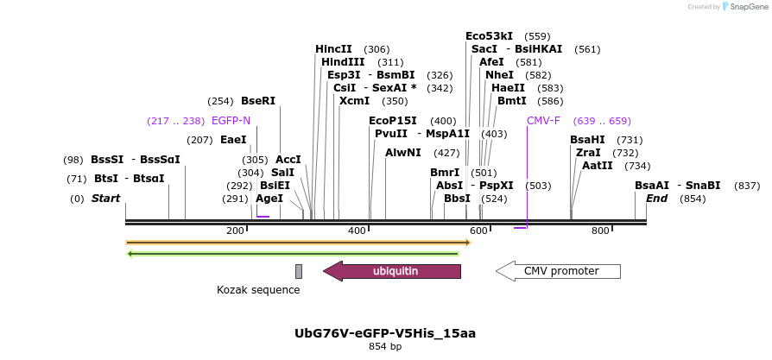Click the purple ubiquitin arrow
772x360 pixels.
[393, 271]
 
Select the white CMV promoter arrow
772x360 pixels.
[559, 271]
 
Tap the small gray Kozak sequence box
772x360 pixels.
[299, 271]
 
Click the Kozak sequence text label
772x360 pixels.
[258, 290]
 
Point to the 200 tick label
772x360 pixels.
[235, 231]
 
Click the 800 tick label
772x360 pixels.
[600, 231]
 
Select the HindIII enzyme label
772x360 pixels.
[343, 62]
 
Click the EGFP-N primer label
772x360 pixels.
[231, 121]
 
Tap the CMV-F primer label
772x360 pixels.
[543, 121]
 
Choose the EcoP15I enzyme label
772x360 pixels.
[392, 121]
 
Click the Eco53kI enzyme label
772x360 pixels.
[489, 36]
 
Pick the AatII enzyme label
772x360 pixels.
[598, 166]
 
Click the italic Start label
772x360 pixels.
[105, 199]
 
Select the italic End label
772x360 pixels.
[656, 199]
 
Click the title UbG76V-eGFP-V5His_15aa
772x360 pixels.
[385, 332]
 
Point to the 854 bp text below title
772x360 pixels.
[385, 346]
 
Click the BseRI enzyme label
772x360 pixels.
[257, 101]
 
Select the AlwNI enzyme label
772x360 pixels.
[403, 153]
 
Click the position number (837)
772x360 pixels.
[747, 186]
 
